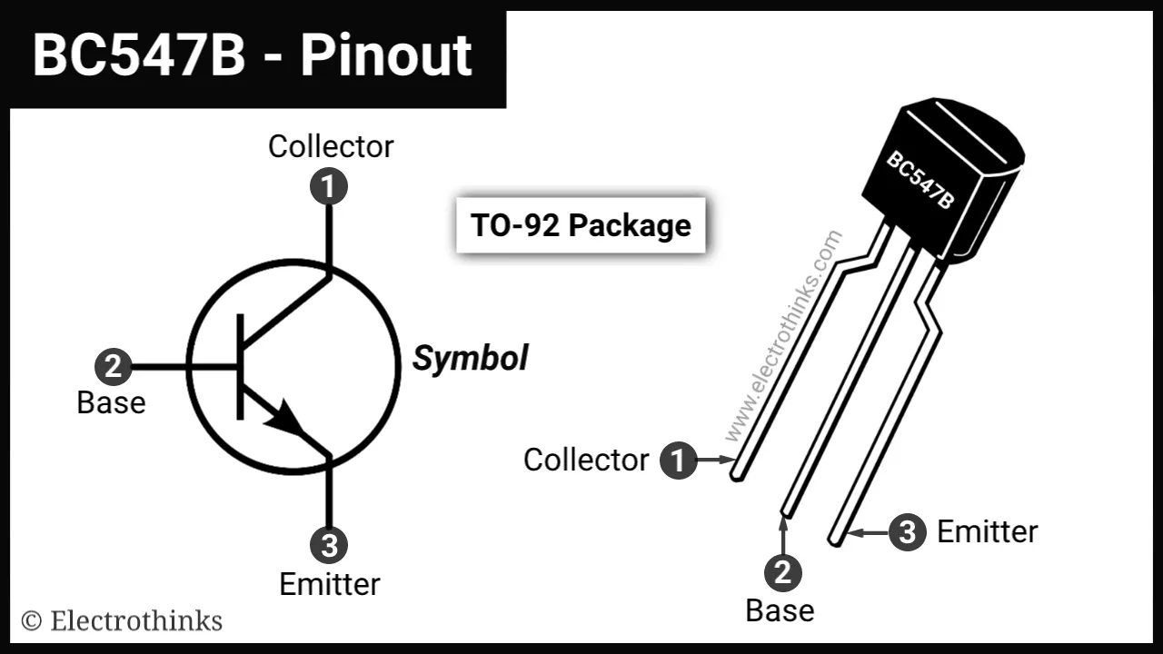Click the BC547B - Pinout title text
tap(253, 56)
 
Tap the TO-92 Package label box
tap(581, 225)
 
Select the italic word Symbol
tap(470, 359)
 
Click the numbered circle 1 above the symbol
tap(329, 187)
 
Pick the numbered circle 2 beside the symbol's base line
tap(114, 368)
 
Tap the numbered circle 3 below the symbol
tap(329, 546)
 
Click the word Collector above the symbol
tap(331, 146)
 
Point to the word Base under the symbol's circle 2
tap(111, 402)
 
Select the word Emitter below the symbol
tap(330, 584)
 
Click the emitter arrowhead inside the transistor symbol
tap(285, 419)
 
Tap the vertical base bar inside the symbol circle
tap(241, 367)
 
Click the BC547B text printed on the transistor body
tap(920, 181)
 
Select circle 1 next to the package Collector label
tap(678, 460)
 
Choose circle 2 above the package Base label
tap(782, 572)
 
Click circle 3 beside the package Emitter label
tap(907, 532)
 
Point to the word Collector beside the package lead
tap(586, 460)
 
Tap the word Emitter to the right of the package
tap(987, 532)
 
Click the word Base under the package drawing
tap(780, 610)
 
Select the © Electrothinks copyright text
tap(122, 621)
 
